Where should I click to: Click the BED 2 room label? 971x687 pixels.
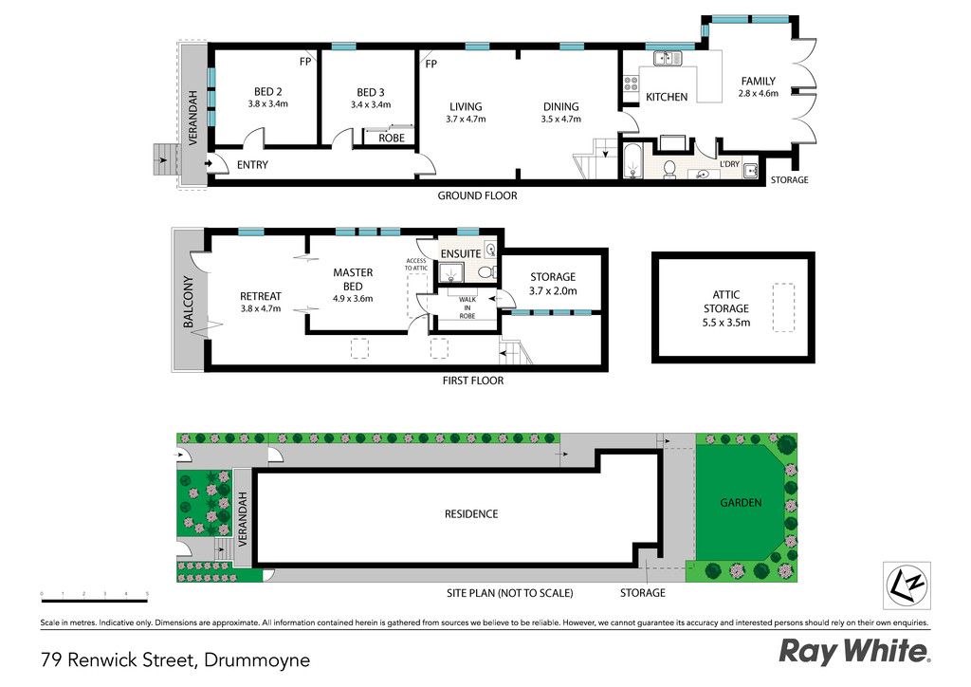[267, 92]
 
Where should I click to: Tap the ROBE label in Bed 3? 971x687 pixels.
[392, 139]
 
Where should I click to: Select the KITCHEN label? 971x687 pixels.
[667, 97]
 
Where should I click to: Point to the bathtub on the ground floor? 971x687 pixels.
[631, 161]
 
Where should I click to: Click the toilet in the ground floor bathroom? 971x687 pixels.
[669, 169]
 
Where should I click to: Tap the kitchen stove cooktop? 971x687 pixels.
[631, 84]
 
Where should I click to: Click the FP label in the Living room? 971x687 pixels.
[431, 64]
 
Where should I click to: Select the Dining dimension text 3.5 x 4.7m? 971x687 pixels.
[561, 119]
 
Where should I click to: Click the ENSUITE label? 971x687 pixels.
[461, 253]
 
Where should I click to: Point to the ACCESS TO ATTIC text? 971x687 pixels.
[416, 265]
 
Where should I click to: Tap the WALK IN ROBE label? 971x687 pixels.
[467, 307]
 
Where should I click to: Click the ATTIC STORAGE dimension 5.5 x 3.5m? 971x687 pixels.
[725, 323]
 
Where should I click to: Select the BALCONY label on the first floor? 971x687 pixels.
[189, 302]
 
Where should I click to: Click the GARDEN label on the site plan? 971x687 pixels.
[741, 502]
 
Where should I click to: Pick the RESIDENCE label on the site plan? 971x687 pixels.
[471, 513]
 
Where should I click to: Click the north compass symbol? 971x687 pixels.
[906, 585]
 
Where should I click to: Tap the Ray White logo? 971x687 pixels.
[854, 652]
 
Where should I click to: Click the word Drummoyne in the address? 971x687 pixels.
[257, 660]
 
